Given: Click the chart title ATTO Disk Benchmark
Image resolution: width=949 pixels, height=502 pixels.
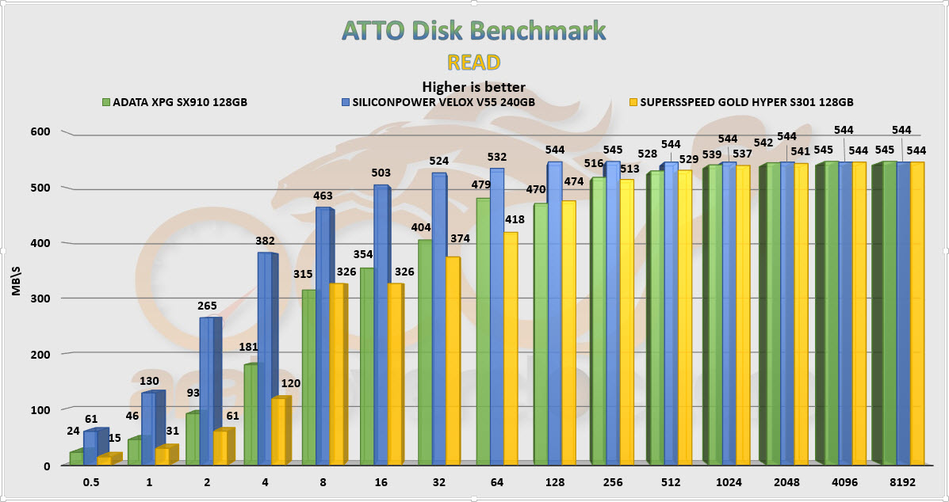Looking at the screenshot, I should click(474, 31).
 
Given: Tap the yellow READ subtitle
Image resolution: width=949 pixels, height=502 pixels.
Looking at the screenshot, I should click(474, 62).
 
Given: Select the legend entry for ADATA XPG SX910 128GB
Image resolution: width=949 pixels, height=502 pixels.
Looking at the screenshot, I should click(174, 102).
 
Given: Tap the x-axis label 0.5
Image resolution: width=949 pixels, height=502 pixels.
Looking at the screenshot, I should click(93, 481).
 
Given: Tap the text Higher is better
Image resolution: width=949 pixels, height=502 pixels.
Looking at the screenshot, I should click(474, 87).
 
